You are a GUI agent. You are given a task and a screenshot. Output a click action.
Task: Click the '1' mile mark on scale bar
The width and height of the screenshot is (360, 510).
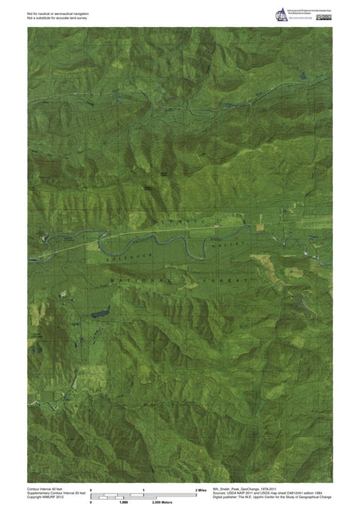[143, 489]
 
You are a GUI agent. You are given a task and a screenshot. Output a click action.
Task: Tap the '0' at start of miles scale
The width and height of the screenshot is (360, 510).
[91, 489]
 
